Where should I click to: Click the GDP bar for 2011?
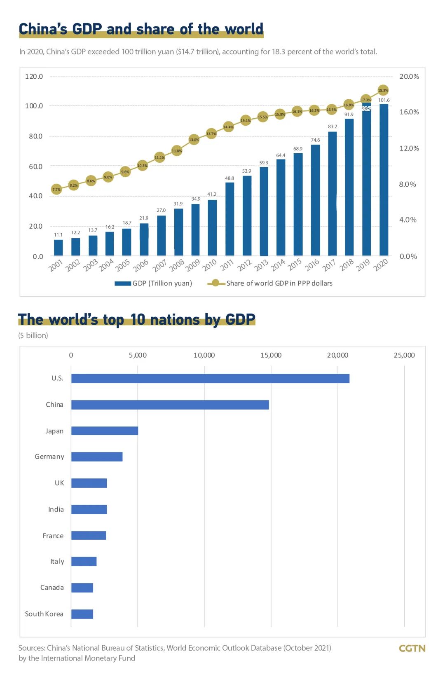tap(230, 219)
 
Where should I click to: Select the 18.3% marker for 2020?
tap(383, 90)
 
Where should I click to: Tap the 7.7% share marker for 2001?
tap(56, 190)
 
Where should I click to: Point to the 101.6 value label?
tap(384, 100)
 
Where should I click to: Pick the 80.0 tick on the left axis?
tap(35, 136)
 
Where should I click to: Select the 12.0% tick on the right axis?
tap(409, 148)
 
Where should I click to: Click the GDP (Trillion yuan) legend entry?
tap(153, 283)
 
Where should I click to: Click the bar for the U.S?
tap(210, 378)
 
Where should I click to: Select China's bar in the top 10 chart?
tap(170, 405)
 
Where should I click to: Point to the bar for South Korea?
tap(82, 614)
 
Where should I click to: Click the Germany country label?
tap(49, 457)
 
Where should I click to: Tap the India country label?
tap(56, 509)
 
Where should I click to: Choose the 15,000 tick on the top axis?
tap(271, 355)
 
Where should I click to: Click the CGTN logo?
tap(412, 648)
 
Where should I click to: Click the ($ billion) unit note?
tap(33, 335)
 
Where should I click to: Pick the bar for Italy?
tap(84, 561)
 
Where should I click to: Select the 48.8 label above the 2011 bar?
tap(230, 178)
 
